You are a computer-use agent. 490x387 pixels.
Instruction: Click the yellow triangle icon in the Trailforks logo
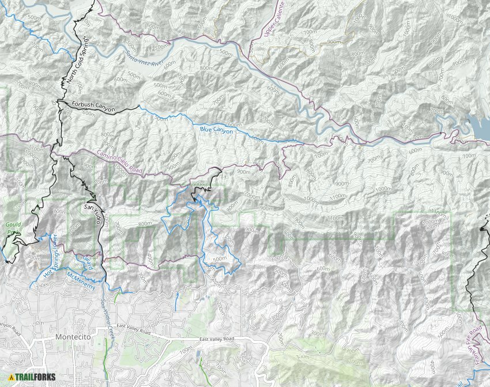click(x=12, y=377)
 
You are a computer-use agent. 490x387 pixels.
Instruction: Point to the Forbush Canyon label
click(x=93, y=106)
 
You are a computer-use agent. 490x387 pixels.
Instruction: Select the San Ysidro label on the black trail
click(x=93, y=214)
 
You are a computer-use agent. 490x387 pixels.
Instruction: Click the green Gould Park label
click(x=13, y=227)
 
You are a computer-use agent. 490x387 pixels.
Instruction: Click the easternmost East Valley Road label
click(x=218, y=340)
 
